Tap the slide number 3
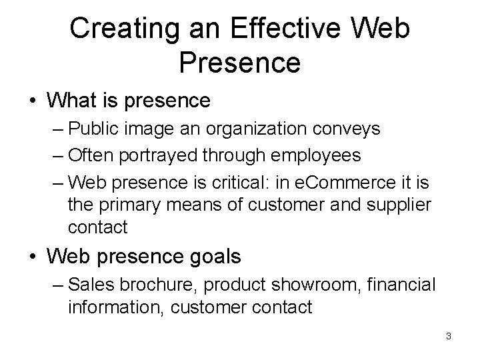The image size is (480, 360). [x=449, y=335]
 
